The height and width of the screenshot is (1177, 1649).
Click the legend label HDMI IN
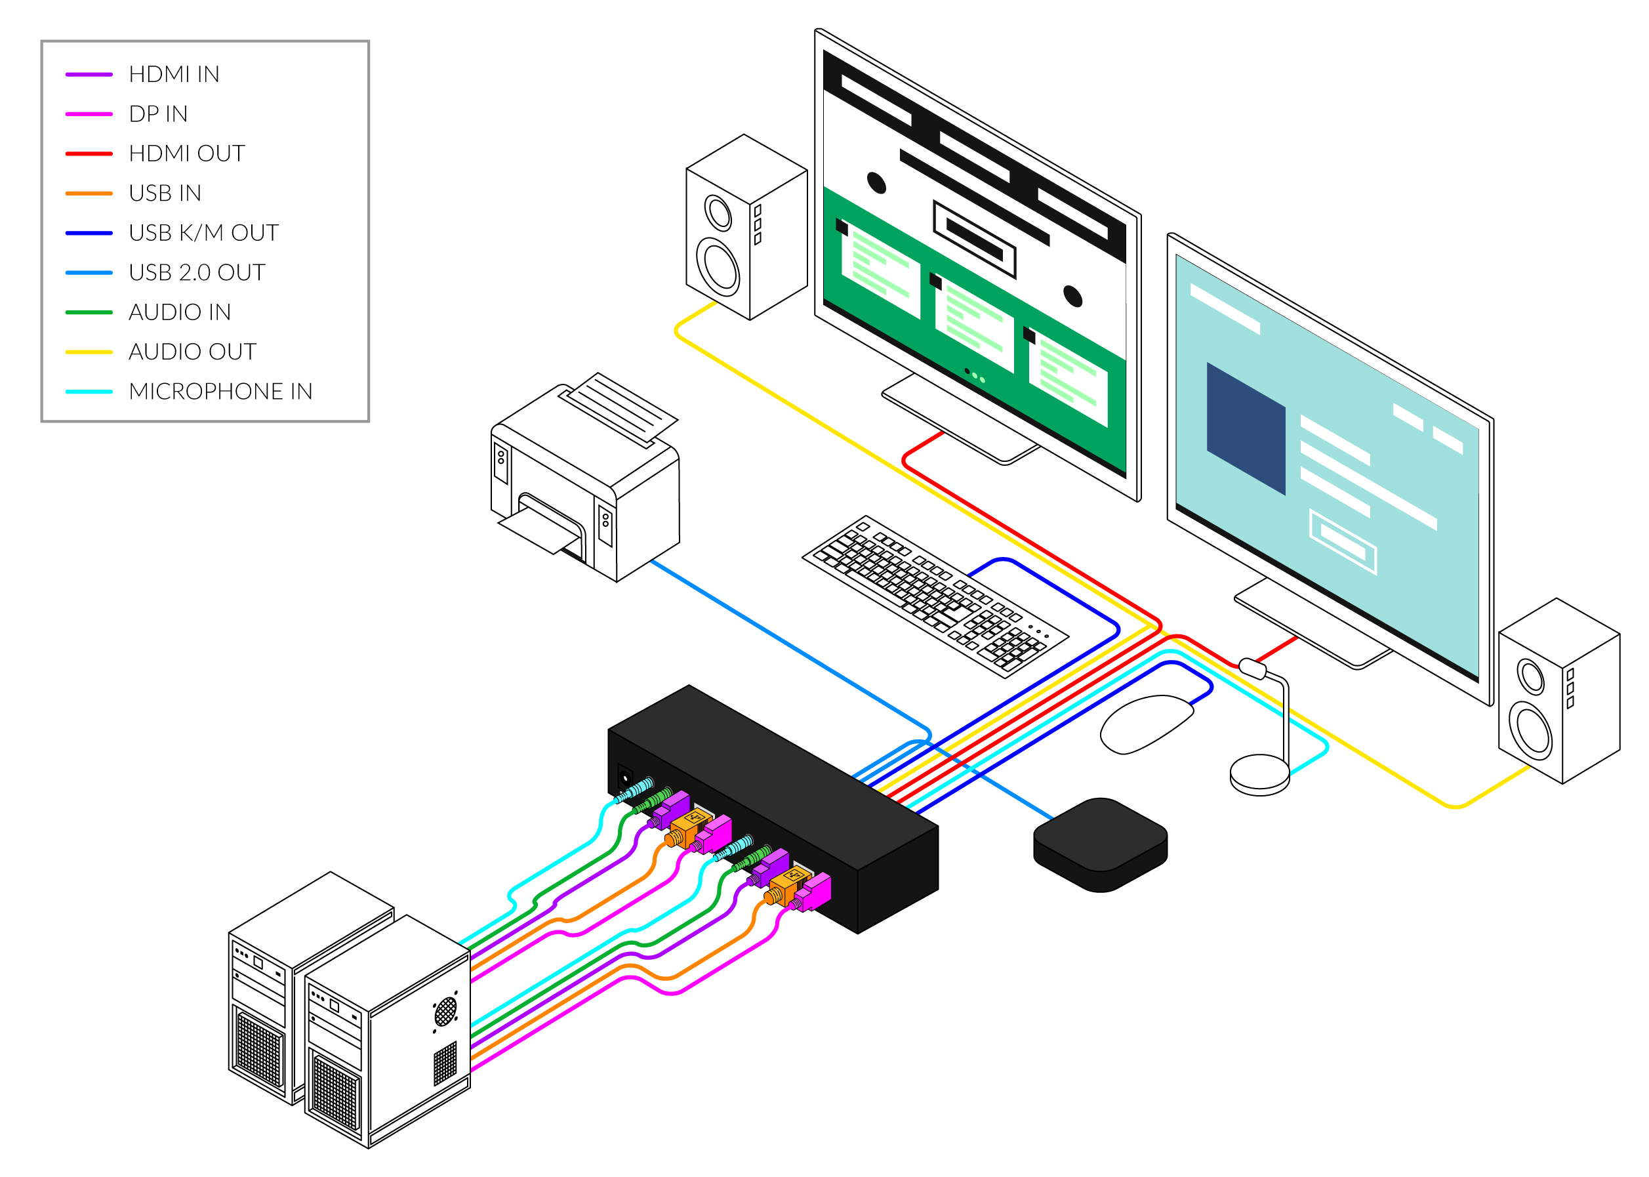pyautogui.click(x=174, y=74)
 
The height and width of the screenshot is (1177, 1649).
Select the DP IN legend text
pyautogui.click(x=158, y=114)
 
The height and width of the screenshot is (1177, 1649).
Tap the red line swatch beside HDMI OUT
pyautogui.click(x=89, y=154)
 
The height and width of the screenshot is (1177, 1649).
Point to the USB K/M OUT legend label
pyautogui.click(x=203, y=233)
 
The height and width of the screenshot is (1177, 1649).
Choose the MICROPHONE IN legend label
pyautogui.click(x=220, y=392)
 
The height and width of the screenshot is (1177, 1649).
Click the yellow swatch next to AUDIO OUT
pyautogui.click(x=89, y=352)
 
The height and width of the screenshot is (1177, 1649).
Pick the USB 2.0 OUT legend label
pyautogui.click(x=197, y=272)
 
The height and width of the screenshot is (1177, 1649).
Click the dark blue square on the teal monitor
pyautogui.click(x=1246, y=428)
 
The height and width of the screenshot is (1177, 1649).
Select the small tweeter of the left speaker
pyautogui.click(x=719, y=213)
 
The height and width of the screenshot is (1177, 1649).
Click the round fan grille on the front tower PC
pyautogui.click(x=445, y=1012)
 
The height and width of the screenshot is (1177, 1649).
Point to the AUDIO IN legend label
pyautogui.click(x=180, y=312)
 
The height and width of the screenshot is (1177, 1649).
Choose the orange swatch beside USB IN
pyautogui.click(x=89, y=194)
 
